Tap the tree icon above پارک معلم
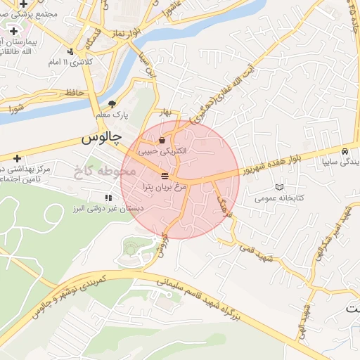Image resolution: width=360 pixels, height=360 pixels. point(112,104)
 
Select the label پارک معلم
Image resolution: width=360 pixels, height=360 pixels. point(112,115)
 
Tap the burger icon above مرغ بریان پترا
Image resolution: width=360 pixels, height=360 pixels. point(165,175)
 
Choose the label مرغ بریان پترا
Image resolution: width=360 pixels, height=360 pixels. point(163,186)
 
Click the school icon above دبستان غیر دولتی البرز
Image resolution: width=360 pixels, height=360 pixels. point(108,198)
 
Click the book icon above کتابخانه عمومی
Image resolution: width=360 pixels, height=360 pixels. point(280,187)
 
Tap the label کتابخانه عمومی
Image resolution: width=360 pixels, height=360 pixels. point(280,198)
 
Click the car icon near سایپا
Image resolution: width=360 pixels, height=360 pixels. point(345,151)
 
